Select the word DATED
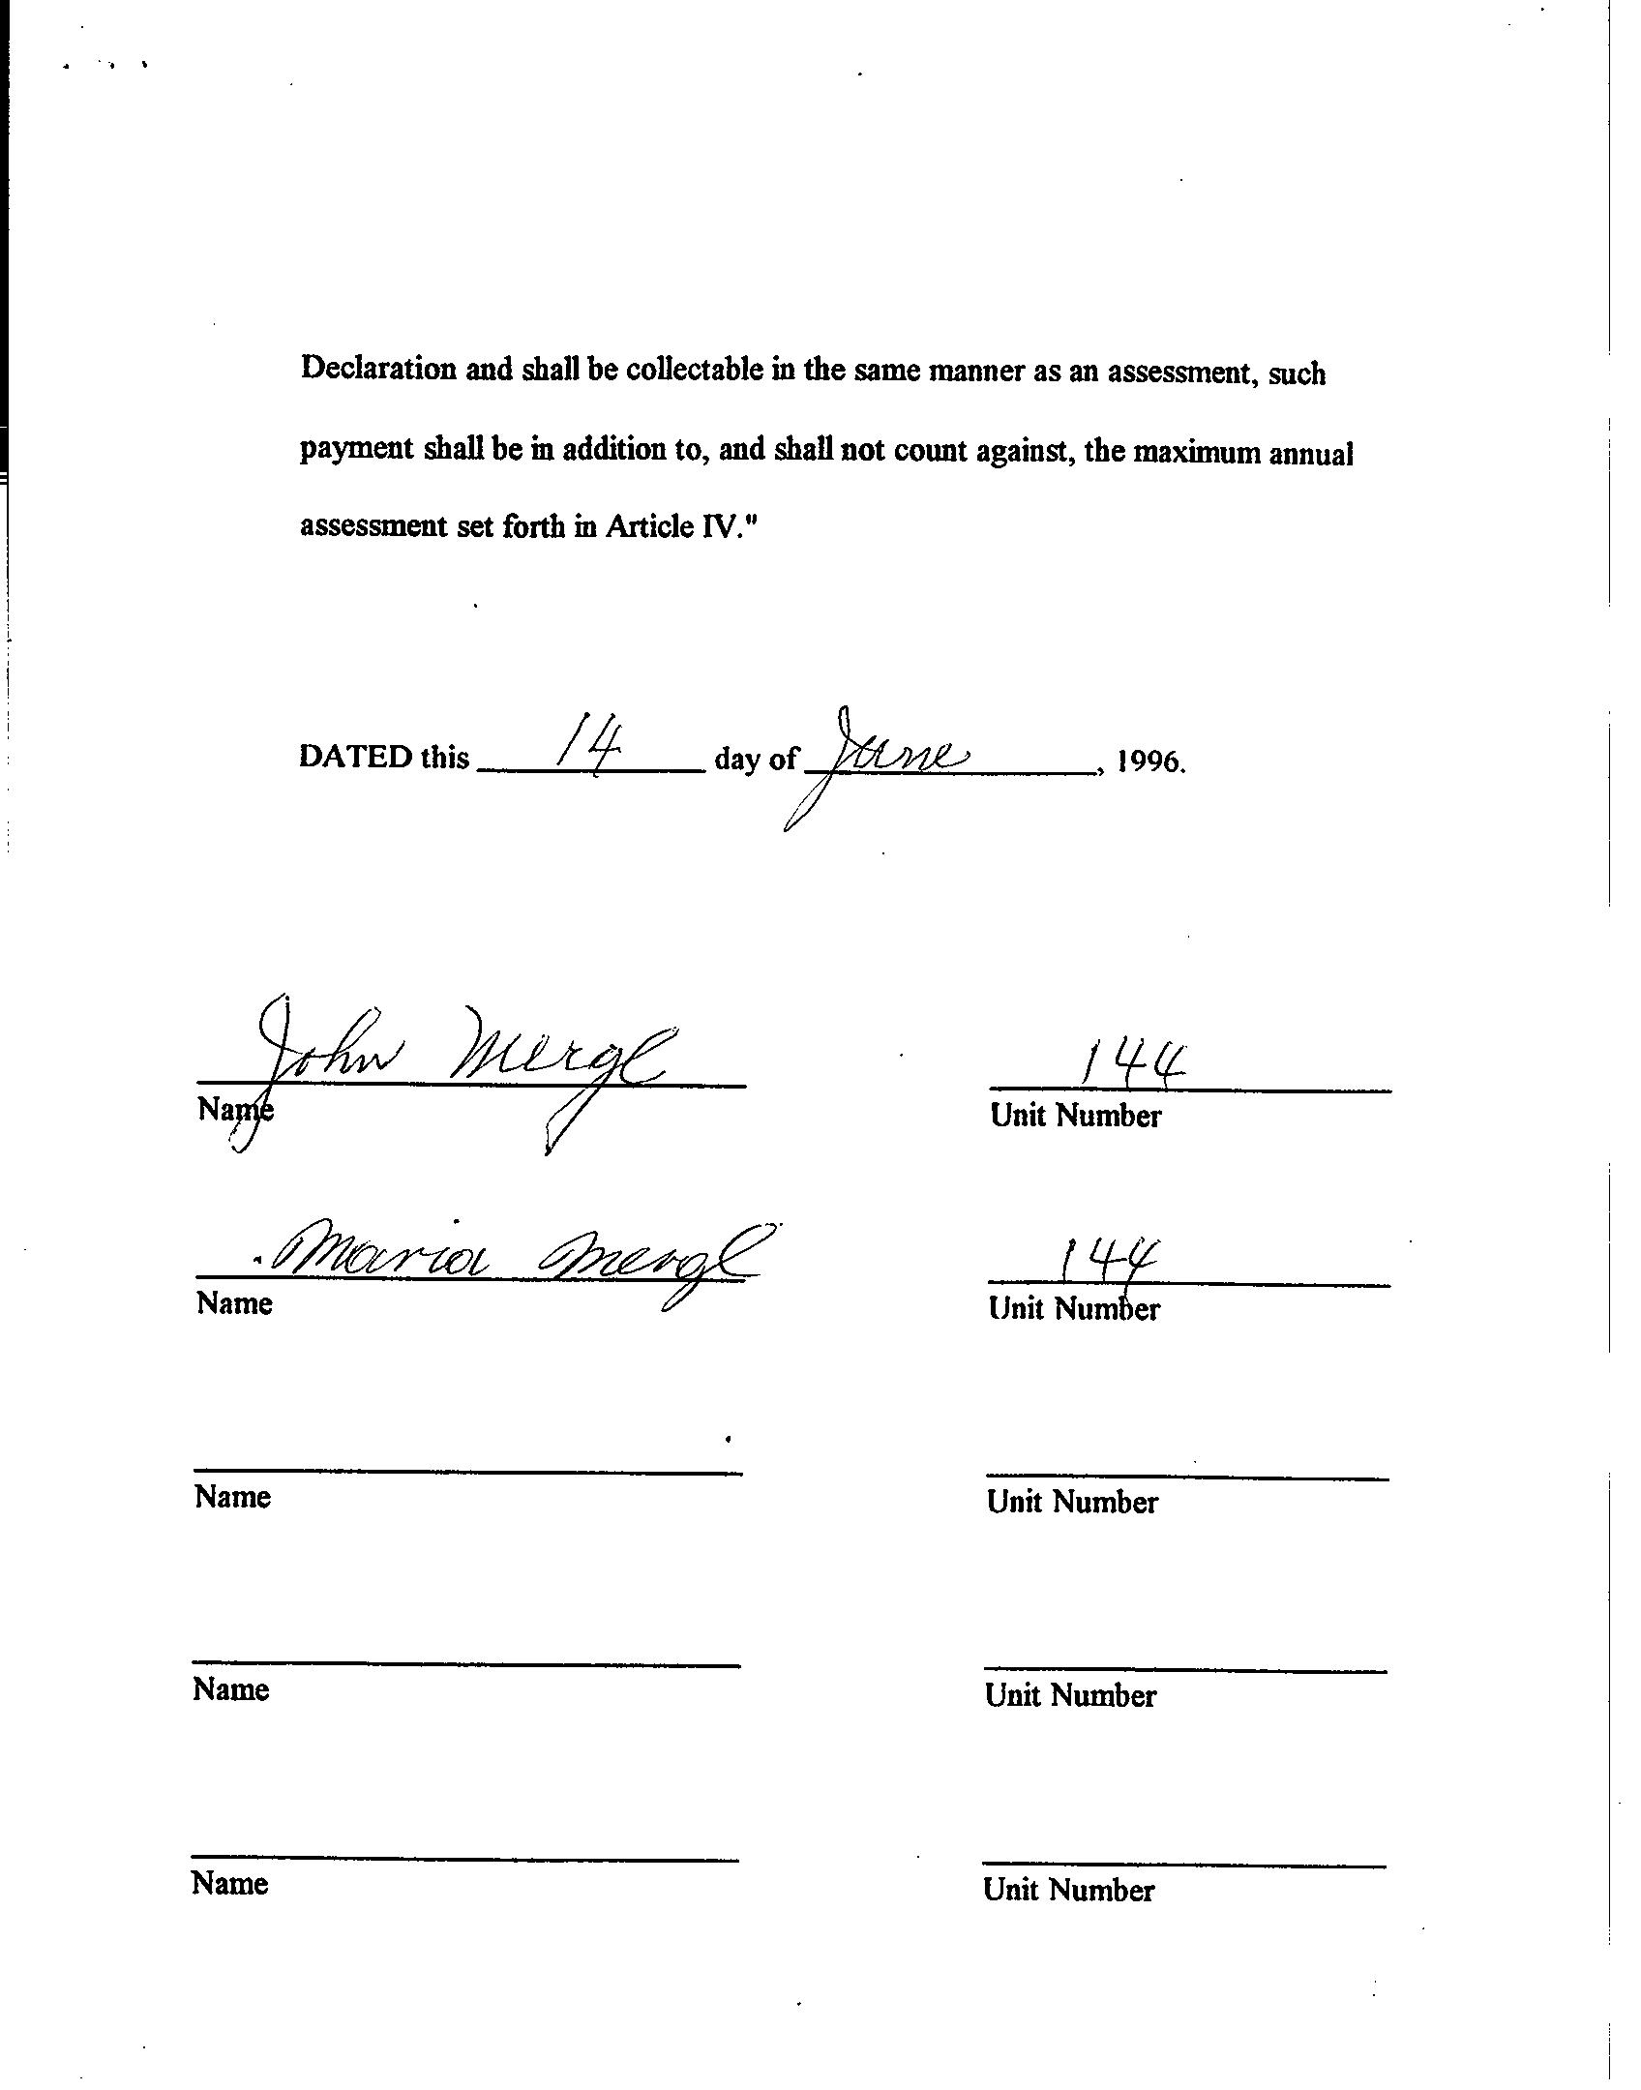point(356,757)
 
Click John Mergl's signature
point(464,1060)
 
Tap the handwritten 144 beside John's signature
point(1132,1065)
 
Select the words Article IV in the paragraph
point(670,525)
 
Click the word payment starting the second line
point(356,450)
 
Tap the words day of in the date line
point(756,760)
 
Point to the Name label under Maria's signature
point(235,1303)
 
